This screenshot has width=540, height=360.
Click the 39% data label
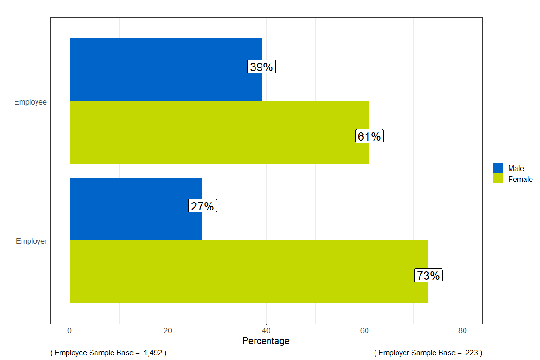[x=261, y=67]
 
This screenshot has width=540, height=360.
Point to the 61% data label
[x=369, y=136]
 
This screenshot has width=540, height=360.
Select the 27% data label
[x=202, y=206]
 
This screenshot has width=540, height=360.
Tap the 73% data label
[x=428, y=276]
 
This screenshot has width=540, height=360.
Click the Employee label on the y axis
[x=30, y=102]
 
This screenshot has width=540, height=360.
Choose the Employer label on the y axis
[x=31, y=241]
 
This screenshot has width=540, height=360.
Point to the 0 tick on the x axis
[x=70, y=330]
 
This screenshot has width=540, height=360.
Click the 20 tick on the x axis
[x=168, y=330]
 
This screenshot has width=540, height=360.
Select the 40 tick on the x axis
[x=266, y=330]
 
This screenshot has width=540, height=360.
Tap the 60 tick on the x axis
[x=365, y=330]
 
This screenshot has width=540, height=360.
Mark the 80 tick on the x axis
[x=463, y=330]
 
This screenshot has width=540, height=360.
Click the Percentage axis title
[x=266, y=341]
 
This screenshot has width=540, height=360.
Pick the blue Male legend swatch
[x=498, y=168]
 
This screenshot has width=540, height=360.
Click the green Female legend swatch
[x=498, y=179]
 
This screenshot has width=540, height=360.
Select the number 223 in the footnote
[x=471, y=352]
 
